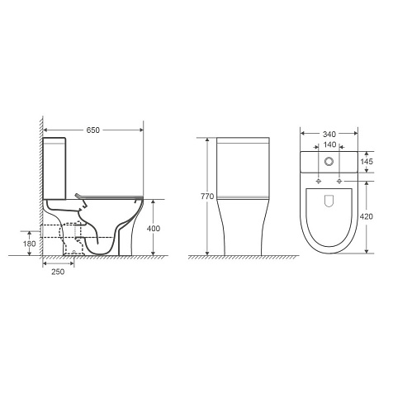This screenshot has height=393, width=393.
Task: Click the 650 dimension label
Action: (x=93, y=130)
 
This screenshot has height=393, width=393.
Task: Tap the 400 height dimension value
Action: (x=154, y=229)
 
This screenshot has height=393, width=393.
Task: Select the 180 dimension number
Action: (x=30, y=244)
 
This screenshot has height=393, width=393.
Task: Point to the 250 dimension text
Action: (x=58, y=272)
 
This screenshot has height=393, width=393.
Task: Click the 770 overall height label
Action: (x=207, y=196)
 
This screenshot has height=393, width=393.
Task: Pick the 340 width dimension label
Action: (x=329, y=135)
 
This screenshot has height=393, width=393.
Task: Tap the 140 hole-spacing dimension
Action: (x=329, y=144)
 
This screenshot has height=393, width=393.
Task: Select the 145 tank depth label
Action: (x=367, y=162)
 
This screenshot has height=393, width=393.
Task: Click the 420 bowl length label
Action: (x=367, y=217)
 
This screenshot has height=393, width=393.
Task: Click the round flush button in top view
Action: (x=329, y=162)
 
